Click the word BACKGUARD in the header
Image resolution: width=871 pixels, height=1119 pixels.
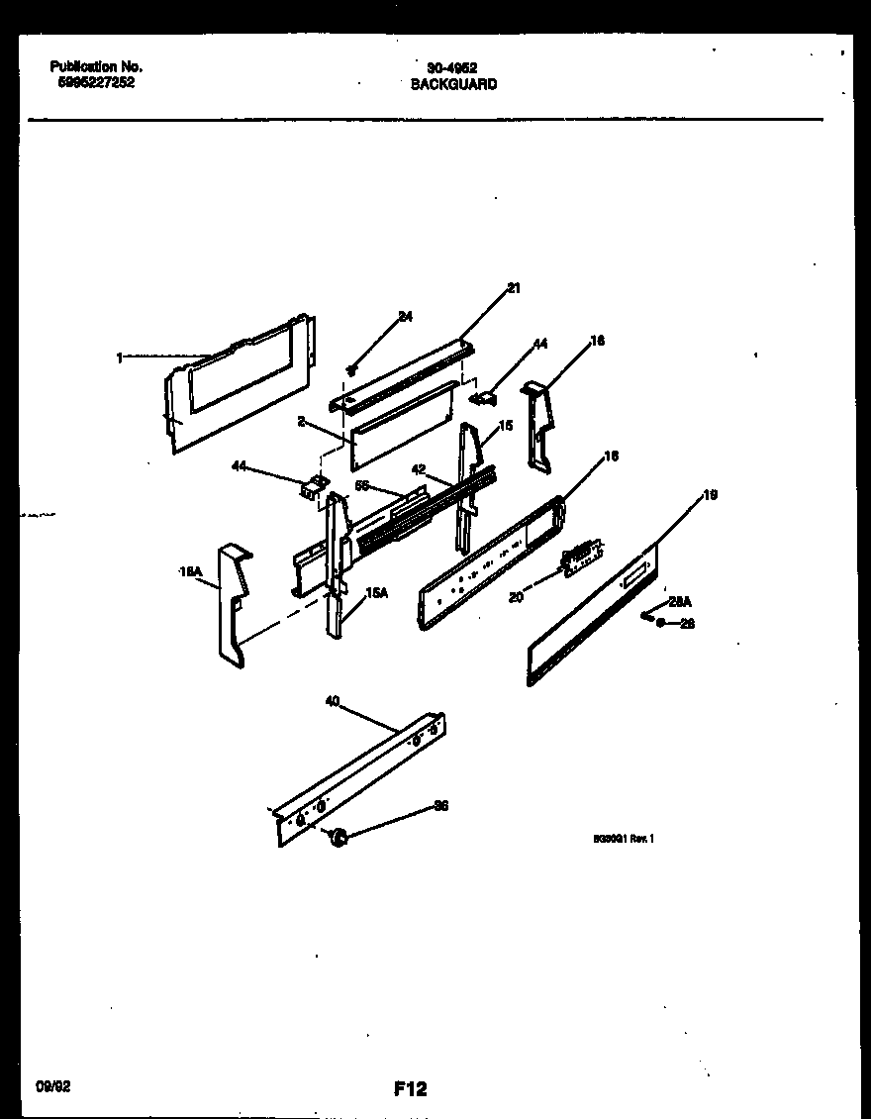(453, 85)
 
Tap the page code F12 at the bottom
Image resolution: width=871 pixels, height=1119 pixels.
(410, 1089)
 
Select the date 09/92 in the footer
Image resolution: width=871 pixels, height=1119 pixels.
(51, 1086)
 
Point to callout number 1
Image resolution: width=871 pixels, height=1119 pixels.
(120, 358)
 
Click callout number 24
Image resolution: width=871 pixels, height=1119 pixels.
(405, 317)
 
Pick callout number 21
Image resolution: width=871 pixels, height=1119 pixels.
(513, 288)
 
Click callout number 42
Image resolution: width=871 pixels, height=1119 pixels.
(419, 469)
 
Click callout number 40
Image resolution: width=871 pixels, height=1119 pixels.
(333, 701)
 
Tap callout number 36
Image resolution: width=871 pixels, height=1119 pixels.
(440, 806)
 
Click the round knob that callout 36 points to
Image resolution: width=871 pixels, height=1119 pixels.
(339, 839)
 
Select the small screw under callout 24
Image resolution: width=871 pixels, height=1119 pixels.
(351, 369)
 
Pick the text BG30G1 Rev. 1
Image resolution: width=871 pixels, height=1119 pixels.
(624, 838)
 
